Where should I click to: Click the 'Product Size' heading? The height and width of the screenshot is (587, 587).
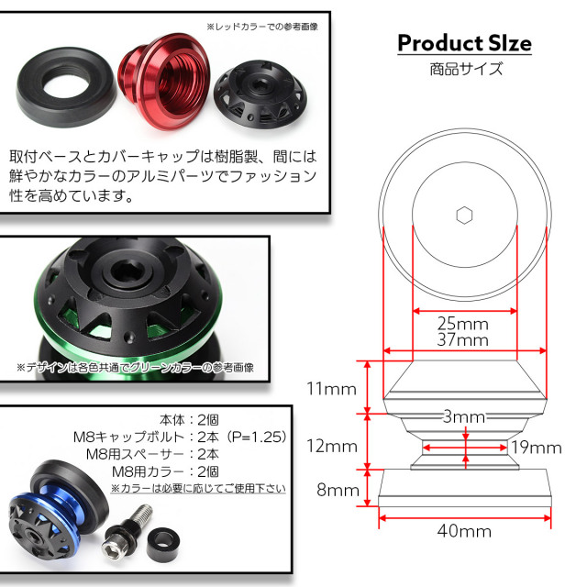pyautogui.click(x=463, y=43)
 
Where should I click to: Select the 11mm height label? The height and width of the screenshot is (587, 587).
pyautogui.click(x=330, y=389)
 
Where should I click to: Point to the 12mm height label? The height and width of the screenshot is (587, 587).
pyautogui.click(x=330, y=447)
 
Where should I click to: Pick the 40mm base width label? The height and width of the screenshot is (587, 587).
pyautogui.click(x=464, y=530)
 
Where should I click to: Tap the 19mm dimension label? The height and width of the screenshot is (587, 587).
pyautogui.click(x=536, y=448)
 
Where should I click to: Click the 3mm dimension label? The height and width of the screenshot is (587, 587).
pyautogui.click(x=464, y=417)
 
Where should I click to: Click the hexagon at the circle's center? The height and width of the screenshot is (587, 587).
pyautogui.click(x=464, y=216)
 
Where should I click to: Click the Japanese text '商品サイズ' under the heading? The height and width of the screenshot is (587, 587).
pyautogui.click(x=463, y=69)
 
